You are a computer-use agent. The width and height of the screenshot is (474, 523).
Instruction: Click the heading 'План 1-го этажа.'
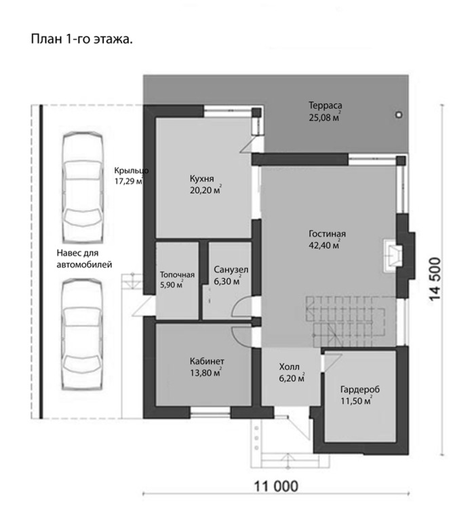pos(81,39)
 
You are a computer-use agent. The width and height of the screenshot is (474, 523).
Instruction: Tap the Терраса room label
pos(325,105)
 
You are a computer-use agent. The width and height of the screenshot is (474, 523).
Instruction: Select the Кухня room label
pos(202,179)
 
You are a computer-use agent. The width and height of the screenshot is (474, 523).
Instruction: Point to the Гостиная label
pos(327,234)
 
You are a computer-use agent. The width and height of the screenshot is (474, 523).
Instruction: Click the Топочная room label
pos(177,275)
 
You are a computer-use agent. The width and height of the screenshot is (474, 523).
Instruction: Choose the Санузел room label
pos(231,270)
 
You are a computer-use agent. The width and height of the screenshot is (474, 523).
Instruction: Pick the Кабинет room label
pos(207,361)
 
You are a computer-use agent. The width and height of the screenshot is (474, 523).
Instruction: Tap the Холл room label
pos(289,367)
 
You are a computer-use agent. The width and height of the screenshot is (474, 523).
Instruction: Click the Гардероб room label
pos(360,390)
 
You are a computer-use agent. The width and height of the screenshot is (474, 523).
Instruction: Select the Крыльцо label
pos(132,170)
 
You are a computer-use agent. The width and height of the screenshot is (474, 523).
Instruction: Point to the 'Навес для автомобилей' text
pos(84,259)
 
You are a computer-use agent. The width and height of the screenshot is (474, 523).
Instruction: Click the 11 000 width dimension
pos(276,486)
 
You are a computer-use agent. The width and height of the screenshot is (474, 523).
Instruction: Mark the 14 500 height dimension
pos(435,279)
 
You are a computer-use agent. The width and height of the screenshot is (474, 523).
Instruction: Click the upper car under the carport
pos(82,187)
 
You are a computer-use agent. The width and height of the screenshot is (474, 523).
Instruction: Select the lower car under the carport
pos(82,334)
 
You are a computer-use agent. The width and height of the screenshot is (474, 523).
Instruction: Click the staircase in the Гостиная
pos(347,322)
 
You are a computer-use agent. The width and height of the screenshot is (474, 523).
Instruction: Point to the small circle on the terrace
pos(398,115)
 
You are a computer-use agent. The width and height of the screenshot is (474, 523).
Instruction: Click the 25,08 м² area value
pos(324,117)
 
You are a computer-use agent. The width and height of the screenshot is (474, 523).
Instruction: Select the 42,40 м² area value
pos(324,245)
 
